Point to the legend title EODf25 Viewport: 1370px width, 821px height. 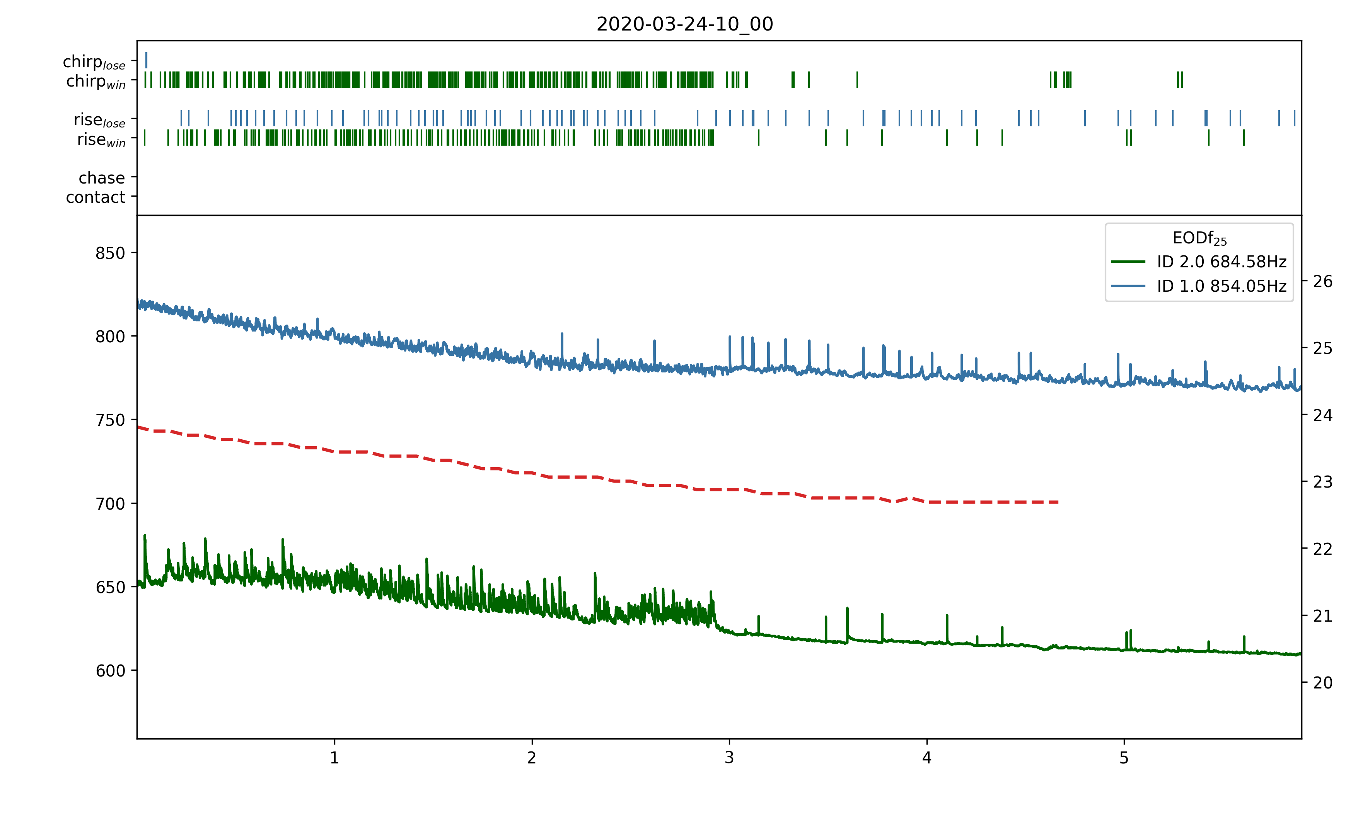pyautogui.click(x=1199, y=238)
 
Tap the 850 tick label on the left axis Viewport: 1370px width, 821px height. pyautogui.click(x=110, y=253)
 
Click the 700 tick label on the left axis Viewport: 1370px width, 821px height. pyautogui.click(x=110, y=504)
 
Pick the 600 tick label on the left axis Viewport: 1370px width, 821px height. pyautogui.click(x=110, y=671)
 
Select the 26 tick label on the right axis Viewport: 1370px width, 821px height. pyautogui.click(x=1322, y=282)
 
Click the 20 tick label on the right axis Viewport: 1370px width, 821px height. pyautogui.click(x=1322, y=683)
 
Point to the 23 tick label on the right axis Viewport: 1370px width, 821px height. pyautogui.click(x=1322, y=482)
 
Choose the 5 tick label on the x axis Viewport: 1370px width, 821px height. pyautogui.click(x=1124, y=758)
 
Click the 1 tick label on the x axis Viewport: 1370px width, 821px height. pyautogui.click(x=334, y=758)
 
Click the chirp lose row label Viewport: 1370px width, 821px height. pyautogui.click(x=94, y=62)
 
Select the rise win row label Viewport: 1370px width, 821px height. pyautogui.click(x=101, y=140)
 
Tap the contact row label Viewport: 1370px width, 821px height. pyautogui.click(x=96, y=197)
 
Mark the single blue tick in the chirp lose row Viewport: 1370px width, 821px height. pyautogui.click(x=146, y=60)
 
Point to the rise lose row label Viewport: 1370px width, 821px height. pyautogui.click(x=100, y=120)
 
